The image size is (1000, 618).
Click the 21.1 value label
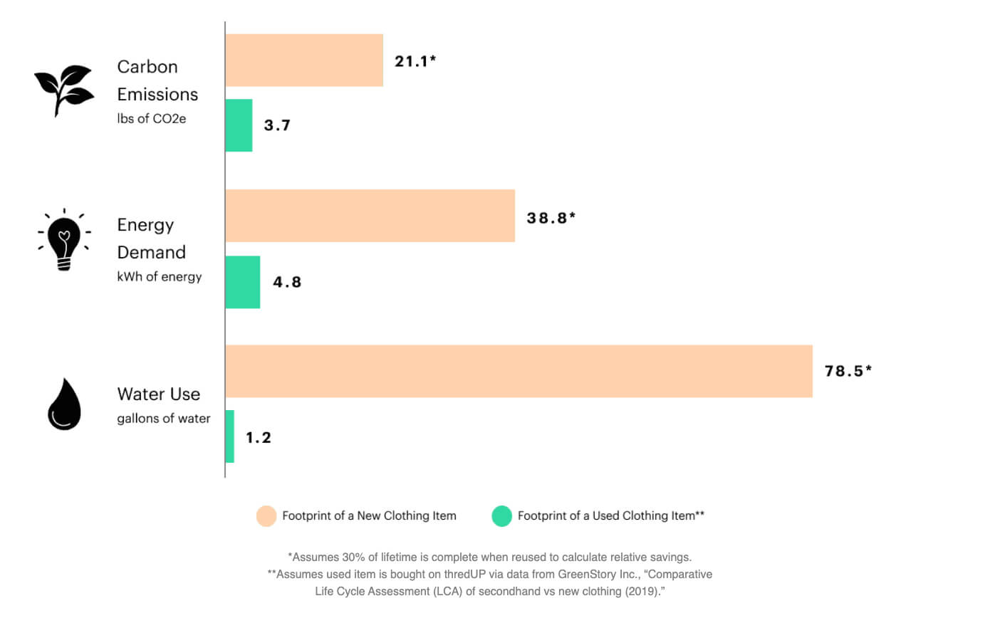415,61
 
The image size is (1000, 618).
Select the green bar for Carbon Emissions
239,125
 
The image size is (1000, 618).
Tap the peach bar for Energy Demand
370,216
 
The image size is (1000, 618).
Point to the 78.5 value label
848,371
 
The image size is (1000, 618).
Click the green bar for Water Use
229,436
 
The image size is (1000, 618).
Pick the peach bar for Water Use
519,371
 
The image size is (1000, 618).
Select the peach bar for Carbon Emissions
304,61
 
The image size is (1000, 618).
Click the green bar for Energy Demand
242,282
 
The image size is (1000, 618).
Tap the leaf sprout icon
64,90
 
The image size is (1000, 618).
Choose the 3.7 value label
277,125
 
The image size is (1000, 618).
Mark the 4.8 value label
287,282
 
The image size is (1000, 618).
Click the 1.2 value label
259,437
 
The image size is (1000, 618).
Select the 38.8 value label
551,218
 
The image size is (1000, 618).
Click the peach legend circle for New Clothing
266,516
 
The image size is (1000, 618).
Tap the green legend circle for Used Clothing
501,516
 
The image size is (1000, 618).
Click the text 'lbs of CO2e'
152,119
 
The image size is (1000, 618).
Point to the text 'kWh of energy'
160,277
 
